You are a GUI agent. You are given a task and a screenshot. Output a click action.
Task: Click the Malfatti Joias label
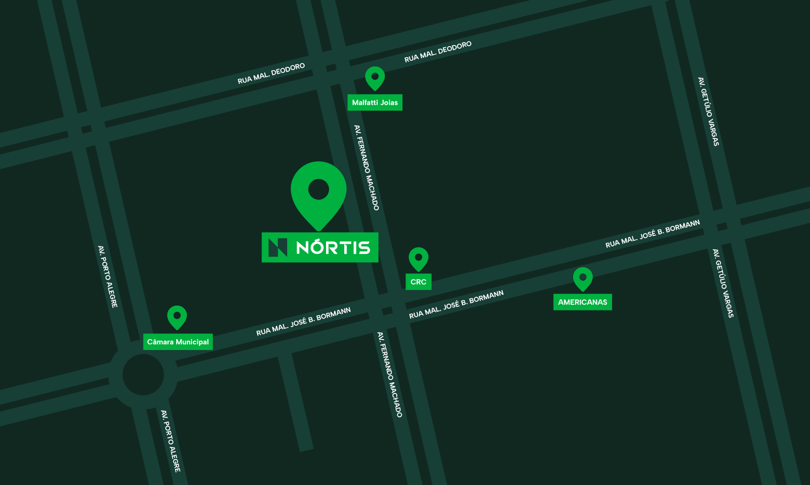tap(375, 102)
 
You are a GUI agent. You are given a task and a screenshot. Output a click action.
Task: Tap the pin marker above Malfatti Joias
tap(375, 78)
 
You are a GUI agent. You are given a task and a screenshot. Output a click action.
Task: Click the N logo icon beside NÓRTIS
tap(277, 248)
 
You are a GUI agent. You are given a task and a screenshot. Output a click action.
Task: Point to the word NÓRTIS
tap(333, 248)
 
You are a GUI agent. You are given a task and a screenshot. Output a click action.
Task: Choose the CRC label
tap(418, 282)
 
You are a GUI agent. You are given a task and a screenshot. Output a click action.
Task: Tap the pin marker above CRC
tap(418, 259)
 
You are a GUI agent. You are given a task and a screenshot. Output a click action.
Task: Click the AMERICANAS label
tap(582, 302)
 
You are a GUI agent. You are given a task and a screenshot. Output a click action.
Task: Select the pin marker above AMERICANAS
tap(583, 278)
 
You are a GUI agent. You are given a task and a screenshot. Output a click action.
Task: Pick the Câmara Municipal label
tap(178, 342)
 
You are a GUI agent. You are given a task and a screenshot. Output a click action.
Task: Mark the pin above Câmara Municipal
tap(177, 317)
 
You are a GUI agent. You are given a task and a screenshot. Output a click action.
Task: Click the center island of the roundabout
tap(143, 375)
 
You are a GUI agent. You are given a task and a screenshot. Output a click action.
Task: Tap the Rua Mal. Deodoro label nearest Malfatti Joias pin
tap(438, 52)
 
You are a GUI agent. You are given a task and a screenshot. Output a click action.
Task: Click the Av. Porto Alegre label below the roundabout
tap(171, 441)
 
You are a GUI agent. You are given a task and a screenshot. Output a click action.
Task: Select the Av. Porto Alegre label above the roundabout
tap(107, 276)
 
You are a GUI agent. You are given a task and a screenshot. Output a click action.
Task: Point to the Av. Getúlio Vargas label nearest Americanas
tap(723, 284)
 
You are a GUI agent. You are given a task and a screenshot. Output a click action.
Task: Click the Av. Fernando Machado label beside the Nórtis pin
tap(367, 168)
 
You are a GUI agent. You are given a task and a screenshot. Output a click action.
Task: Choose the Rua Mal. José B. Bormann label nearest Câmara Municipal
tap(303, 321)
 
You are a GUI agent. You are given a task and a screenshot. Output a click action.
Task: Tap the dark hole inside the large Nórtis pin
tap(318, 190)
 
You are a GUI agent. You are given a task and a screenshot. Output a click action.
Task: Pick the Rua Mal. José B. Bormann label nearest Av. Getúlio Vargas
tap(653, 234)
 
